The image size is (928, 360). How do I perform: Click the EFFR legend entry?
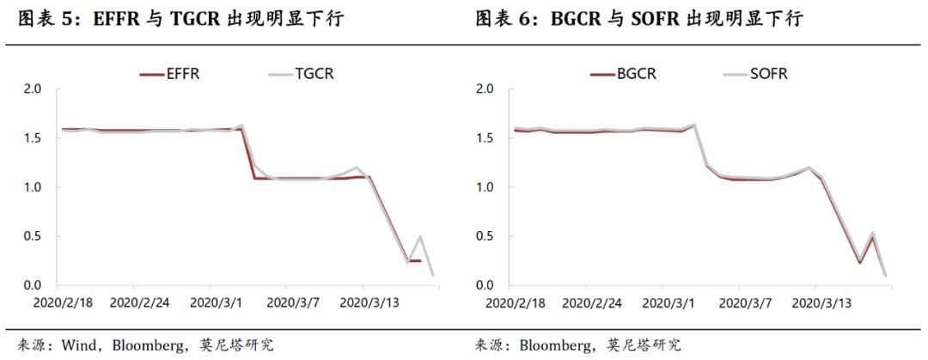pyautogui.click(x=169, y=74)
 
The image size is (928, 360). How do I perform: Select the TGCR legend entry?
pyautogui.click(x=301, y=74)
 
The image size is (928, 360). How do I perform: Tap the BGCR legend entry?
pyautogui.click(x=623, y=74)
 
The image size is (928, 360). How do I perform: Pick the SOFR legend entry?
pyautogui.click(x=756, y=74)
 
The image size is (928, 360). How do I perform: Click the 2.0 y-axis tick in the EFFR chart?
pyautogui.click(x=34, y=89)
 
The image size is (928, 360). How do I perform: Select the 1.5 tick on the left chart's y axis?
pyautogui.click(x=34, y=138)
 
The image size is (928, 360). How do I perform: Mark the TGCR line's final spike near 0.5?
pyautogui.click(x=421, y=237)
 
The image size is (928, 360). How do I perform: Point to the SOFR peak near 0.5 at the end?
pyautogui.click(x=872, y=234)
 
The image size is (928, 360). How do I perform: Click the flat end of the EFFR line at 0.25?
pyautogui.click(x=414, y=260)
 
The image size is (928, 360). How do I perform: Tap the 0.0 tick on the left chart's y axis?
pyautogui.click(x=34, y=285)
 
